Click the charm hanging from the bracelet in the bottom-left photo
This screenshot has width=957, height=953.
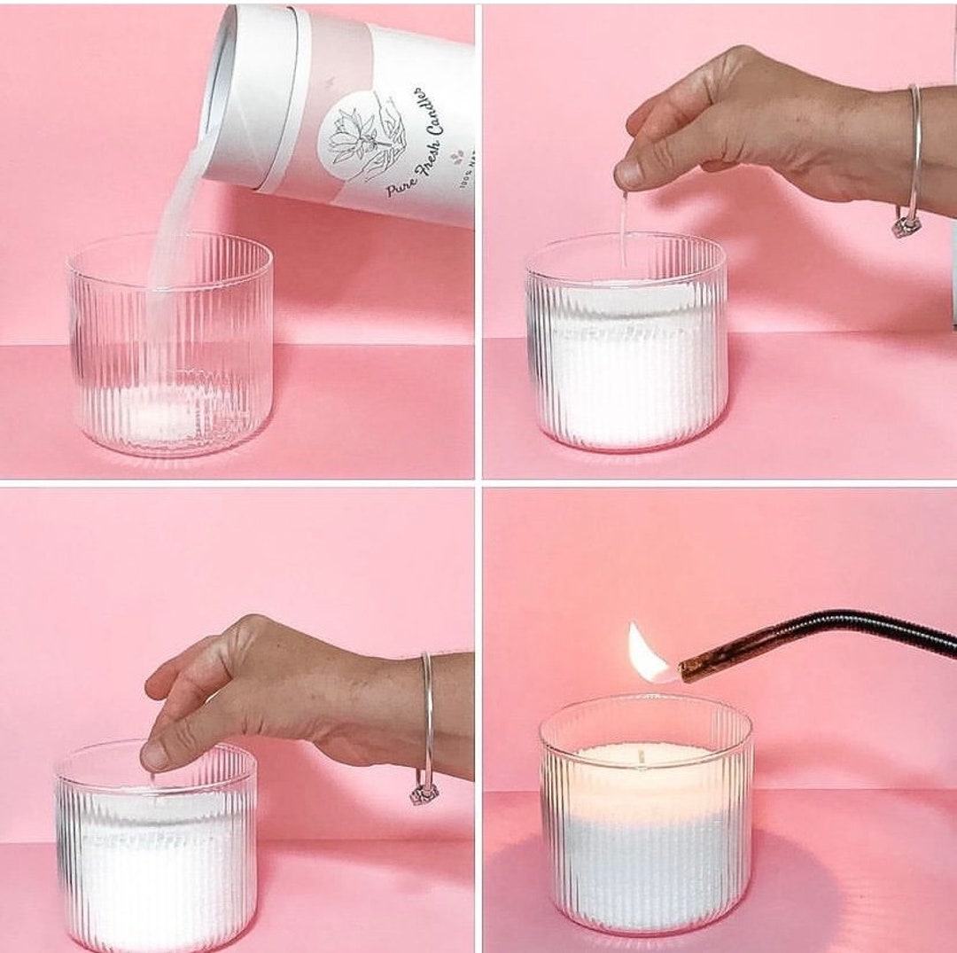[424, 793]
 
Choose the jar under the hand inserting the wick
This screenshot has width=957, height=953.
[156, 851]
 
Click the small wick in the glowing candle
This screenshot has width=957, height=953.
[640, 756]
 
